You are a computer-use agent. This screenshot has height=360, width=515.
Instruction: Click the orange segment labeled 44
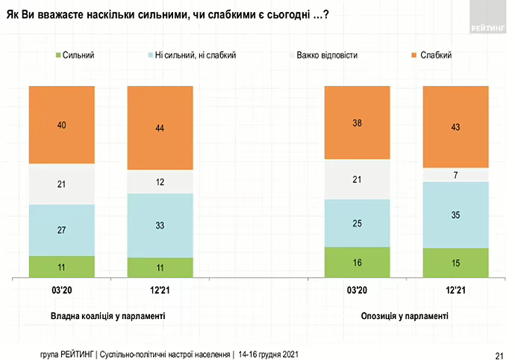[160, 128]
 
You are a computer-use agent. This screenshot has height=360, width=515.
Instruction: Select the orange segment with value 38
[357, 122]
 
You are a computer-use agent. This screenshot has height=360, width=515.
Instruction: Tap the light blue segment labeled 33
[160, 226]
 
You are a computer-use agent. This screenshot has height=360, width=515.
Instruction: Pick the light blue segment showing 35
[455, 215]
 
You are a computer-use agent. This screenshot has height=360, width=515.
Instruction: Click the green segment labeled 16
[357, 263]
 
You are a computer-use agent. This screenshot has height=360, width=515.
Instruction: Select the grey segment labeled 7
[455, 175]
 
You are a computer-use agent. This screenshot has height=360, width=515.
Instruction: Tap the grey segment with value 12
[160, 182]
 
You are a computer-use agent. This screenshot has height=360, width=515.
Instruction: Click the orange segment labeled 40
[62, 125]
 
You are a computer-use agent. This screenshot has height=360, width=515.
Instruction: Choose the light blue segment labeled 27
[62, 230]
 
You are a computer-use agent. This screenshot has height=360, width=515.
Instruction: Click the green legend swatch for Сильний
[57, 55]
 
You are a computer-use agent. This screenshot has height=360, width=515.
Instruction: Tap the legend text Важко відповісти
[326, 55]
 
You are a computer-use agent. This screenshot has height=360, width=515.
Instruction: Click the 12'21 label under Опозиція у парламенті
[455, 290]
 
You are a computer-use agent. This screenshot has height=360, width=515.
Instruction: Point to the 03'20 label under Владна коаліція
[62, 290]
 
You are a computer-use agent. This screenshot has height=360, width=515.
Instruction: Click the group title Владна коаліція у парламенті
[107, 317]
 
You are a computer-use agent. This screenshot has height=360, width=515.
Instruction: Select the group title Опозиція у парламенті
[406, 317]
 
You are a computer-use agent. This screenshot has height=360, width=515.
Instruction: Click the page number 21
[499, 353]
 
